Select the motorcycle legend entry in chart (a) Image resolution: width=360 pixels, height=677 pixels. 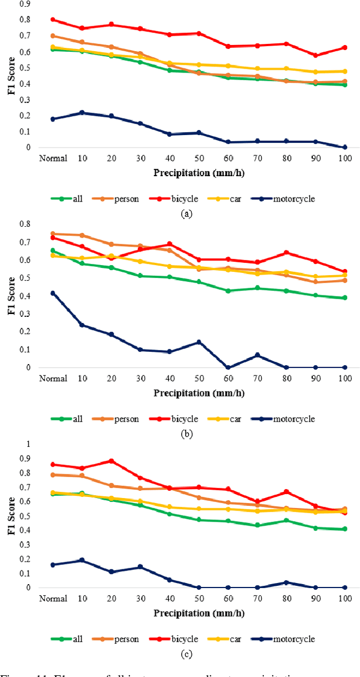point(285,199)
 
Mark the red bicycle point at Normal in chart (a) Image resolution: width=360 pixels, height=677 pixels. point(53,20)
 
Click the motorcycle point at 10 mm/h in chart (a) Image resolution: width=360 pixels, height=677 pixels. point(82,113)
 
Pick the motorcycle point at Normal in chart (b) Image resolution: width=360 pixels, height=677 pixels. point(53,293)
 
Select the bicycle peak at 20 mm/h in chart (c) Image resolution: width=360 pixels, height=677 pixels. point(111,461)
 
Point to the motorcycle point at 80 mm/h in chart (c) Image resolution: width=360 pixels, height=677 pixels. point(286,582)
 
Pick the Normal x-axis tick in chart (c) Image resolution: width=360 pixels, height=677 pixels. point(53,599)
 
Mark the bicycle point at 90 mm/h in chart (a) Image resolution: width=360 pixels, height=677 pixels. point(316,55)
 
